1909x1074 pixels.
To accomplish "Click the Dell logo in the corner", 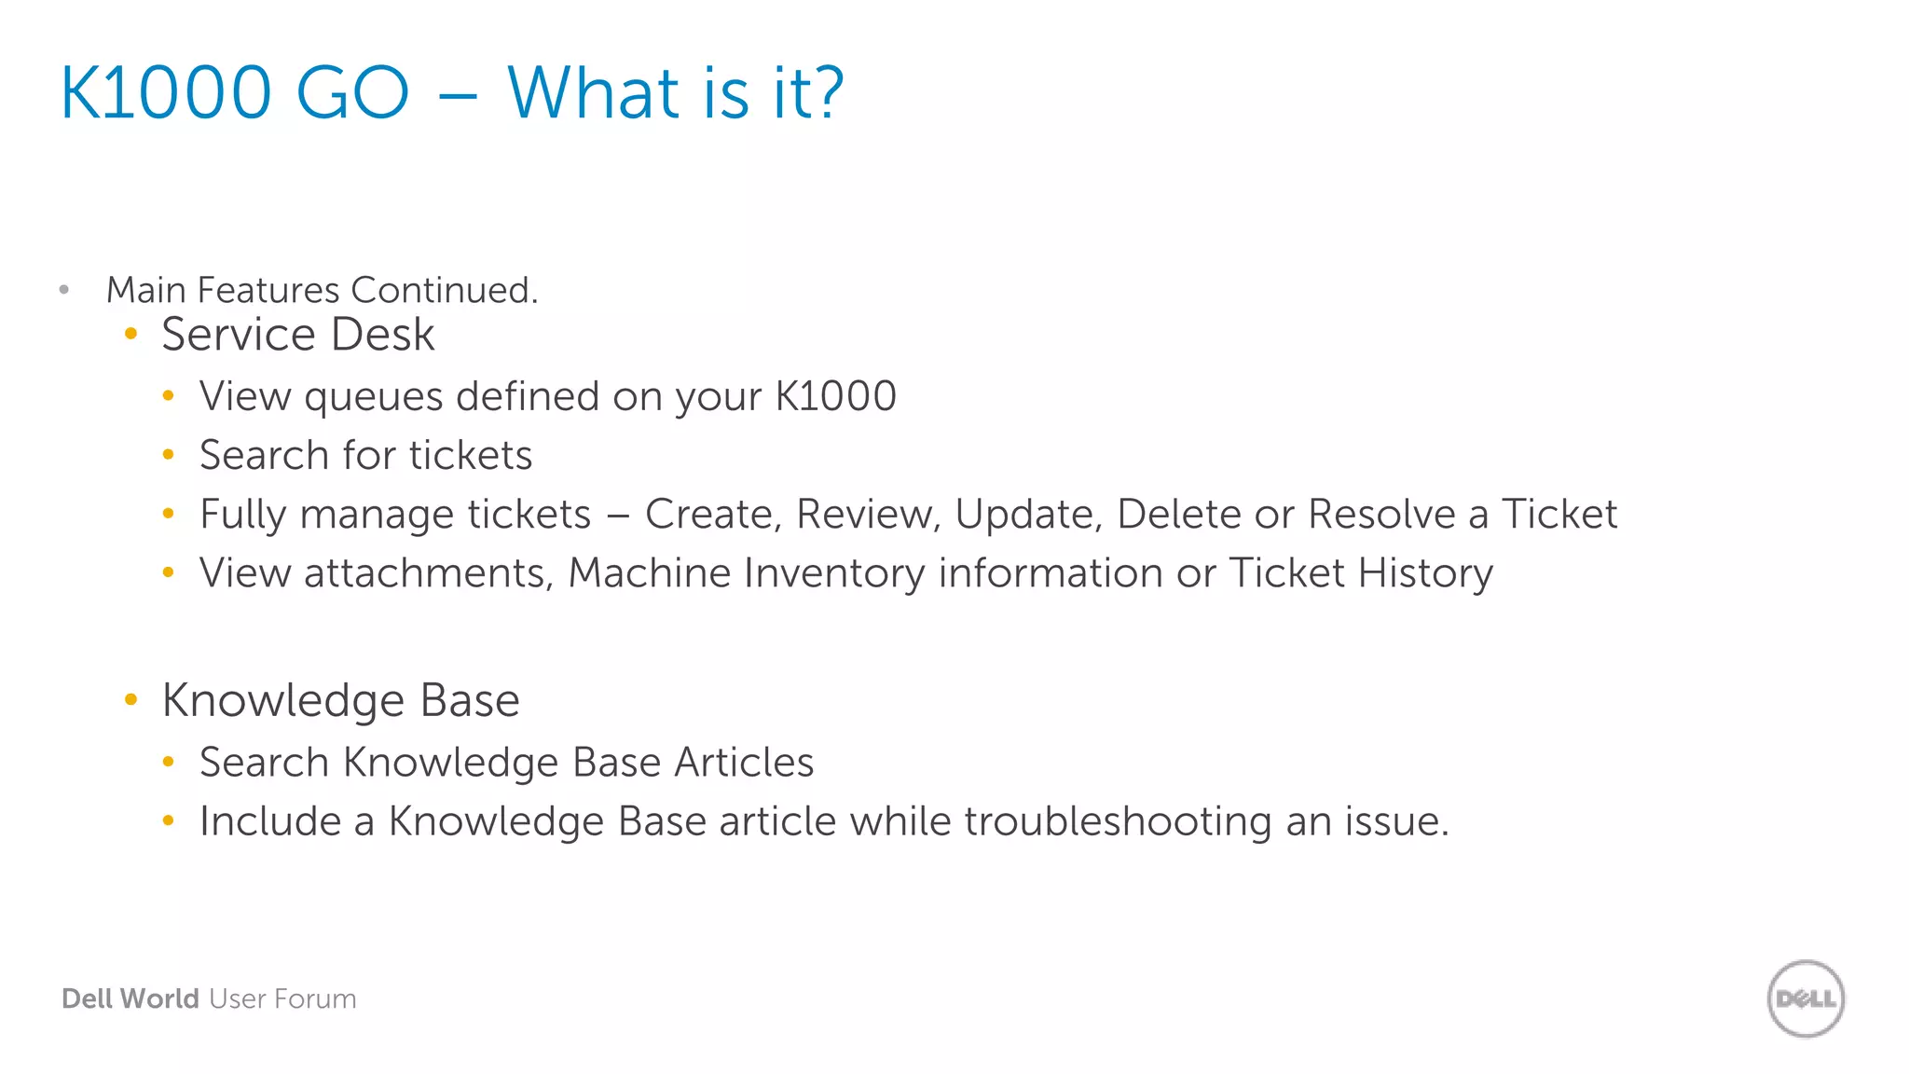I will click(x=1806, y=998).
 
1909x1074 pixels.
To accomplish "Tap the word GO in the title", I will click(x=352, y=93).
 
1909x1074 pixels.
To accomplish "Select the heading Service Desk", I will click(x=297, y=335).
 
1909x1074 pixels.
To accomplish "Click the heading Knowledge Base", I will click(x=340, y=700).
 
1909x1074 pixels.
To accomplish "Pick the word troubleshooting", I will click(x=1118, y=822).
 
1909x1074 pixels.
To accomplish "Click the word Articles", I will click(x=744, y=763).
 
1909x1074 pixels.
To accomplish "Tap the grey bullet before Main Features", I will click(x=64, y=290).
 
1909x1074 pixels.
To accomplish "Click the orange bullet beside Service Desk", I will click(x=131, y=334).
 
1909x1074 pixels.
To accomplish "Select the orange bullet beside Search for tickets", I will click(x=169, y=455).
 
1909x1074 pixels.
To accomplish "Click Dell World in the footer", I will click(x=130, y=998).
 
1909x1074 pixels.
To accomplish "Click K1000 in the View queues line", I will click(x=835, y=396).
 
